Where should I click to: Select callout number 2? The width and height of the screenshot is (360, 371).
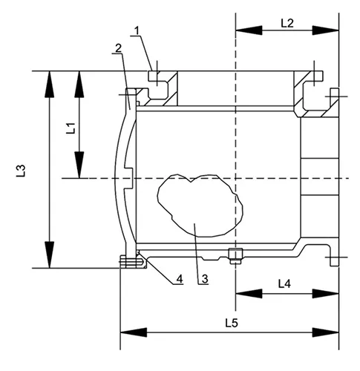click(117, 48)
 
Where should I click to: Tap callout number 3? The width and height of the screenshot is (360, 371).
click(202, 280)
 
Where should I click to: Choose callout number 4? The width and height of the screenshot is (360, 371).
click(179, 280)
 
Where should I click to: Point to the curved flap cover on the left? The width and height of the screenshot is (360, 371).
click(113, 178)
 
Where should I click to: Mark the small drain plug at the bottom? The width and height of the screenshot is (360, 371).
click(235, 257)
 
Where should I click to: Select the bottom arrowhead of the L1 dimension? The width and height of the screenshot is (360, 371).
click(77, 166)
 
